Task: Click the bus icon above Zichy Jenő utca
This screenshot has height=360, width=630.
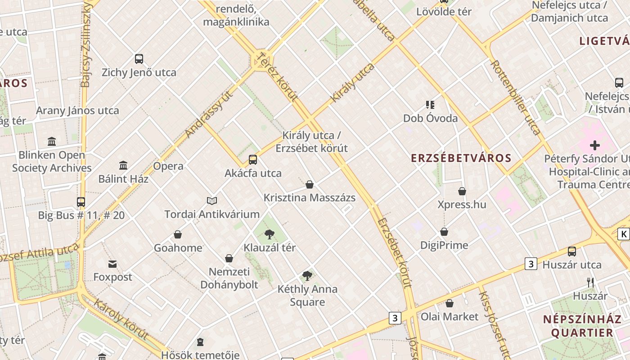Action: [x=139, y=58]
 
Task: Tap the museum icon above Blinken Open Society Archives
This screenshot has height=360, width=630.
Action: [x=52, y=141]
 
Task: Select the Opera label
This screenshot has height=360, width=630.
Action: [x=168, y=166]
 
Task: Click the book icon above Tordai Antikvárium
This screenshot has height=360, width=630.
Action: [x=212, y=201]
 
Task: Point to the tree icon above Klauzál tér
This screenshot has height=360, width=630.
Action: [x=270, y=234]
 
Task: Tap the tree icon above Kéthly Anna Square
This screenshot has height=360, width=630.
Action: [x=307, y=275]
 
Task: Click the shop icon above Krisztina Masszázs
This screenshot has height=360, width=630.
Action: [x=310, y=184]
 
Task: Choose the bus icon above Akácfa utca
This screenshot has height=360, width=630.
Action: [x=253, y=159]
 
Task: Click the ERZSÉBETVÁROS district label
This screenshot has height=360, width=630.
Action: [x=461, y=158]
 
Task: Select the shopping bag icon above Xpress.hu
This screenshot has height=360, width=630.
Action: [x=462, y=191]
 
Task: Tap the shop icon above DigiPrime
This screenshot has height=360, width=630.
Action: [x=444, y=232]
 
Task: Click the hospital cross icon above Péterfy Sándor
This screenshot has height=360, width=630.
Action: [x=595, y=145]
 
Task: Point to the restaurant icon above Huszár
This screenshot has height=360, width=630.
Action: [x=590, y=283]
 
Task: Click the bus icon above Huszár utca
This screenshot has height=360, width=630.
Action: [x=572, y=251]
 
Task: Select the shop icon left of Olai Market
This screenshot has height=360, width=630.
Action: [x=450, y=303]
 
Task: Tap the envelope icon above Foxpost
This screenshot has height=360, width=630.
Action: [x=112, y=264]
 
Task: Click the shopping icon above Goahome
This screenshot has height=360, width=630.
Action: [x=178, y=234]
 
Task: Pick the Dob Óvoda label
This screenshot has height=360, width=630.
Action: [x=430, y=118]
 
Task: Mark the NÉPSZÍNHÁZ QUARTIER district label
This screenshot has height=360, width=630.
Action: [x=578, y=326]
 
